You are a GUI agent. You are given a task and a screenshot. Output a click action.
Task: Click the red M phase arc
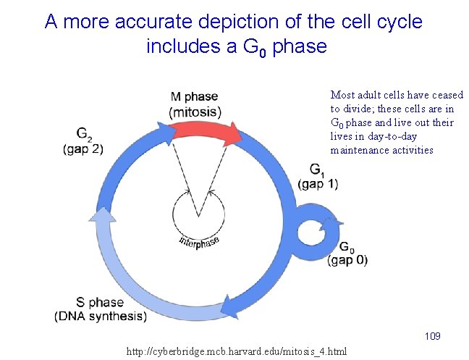203,130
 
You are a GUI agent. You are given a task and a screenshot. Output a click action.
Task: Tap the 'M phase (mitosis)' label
195,105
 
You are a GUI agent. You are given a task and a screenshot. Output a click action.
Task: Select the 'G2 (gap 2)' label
83,141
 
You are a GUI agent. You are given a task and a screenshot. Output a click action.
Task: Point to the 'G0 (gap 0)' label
347,254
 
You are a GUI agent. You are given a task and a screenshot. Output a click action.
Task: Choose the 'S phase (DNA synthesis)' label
101,309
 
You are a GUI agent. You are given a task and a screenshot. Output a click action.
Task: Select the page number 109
433,336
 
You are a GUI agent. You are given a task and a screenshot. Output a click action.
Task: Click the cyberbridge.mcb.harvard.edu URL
237,351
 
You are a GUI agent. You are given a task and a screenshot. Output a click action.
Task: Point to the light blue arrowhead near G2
103,216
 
